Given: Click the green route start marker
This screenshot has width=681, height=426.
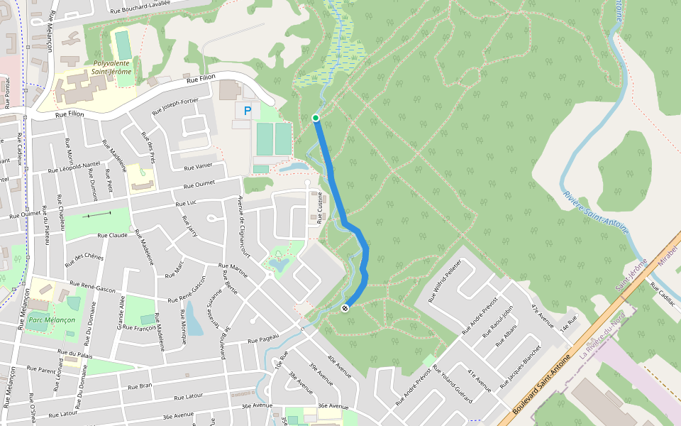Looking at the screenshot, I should point(316,117).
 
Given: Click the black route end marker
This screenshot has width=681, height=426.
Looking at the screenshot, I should point(345,307).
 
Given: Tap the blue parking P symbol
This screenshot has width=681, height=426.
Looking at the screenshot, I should point(248,111).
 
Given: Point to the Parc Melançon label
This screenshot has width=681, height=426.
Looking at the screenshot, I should point(50,320).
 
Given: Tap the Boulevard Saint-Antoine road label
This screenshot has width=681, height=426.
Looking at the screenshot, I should point(541,386).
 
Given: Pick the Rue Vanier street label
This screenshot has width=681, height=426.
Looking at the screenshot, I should point(199,167).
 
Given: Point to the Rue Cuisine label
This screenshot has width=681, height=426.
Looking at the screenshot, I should point(320,208).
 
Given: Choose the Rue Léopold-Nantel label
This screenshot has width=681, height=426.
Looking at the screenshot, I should point(74,168).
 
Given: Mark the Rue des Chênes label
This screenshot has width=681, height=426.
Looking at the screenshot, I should point(84,260).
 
